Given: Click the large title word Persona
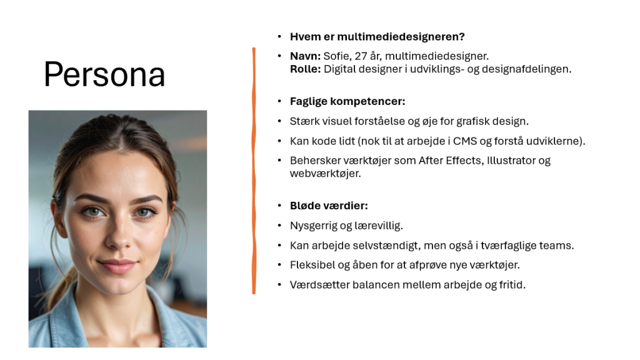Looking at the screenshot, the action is point(104,75).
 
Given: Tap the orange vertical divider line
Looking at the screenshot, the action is point(254,171).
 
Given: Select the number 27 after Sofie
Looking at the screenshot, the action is point(361,56).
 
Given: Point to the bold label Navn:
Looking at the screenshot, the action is point(305,56).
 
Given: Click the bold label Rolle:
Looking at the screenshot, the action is point(305,69).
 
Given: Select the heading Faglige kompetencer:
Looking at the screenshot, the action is point(347,102).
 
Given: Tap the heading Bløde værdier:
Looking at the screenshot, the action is point(329,206).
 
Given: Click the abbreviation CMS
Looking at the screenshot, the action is point(465,141).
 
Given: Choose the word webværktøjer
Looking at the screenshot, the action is point(325,174).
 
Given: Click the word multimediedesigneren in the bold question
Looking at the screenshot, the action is point(401,37).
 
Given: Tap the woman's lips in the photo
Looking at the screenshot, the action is point(117,265).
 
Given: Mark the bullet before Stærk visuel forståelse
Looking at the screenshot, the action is point(279,121).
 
